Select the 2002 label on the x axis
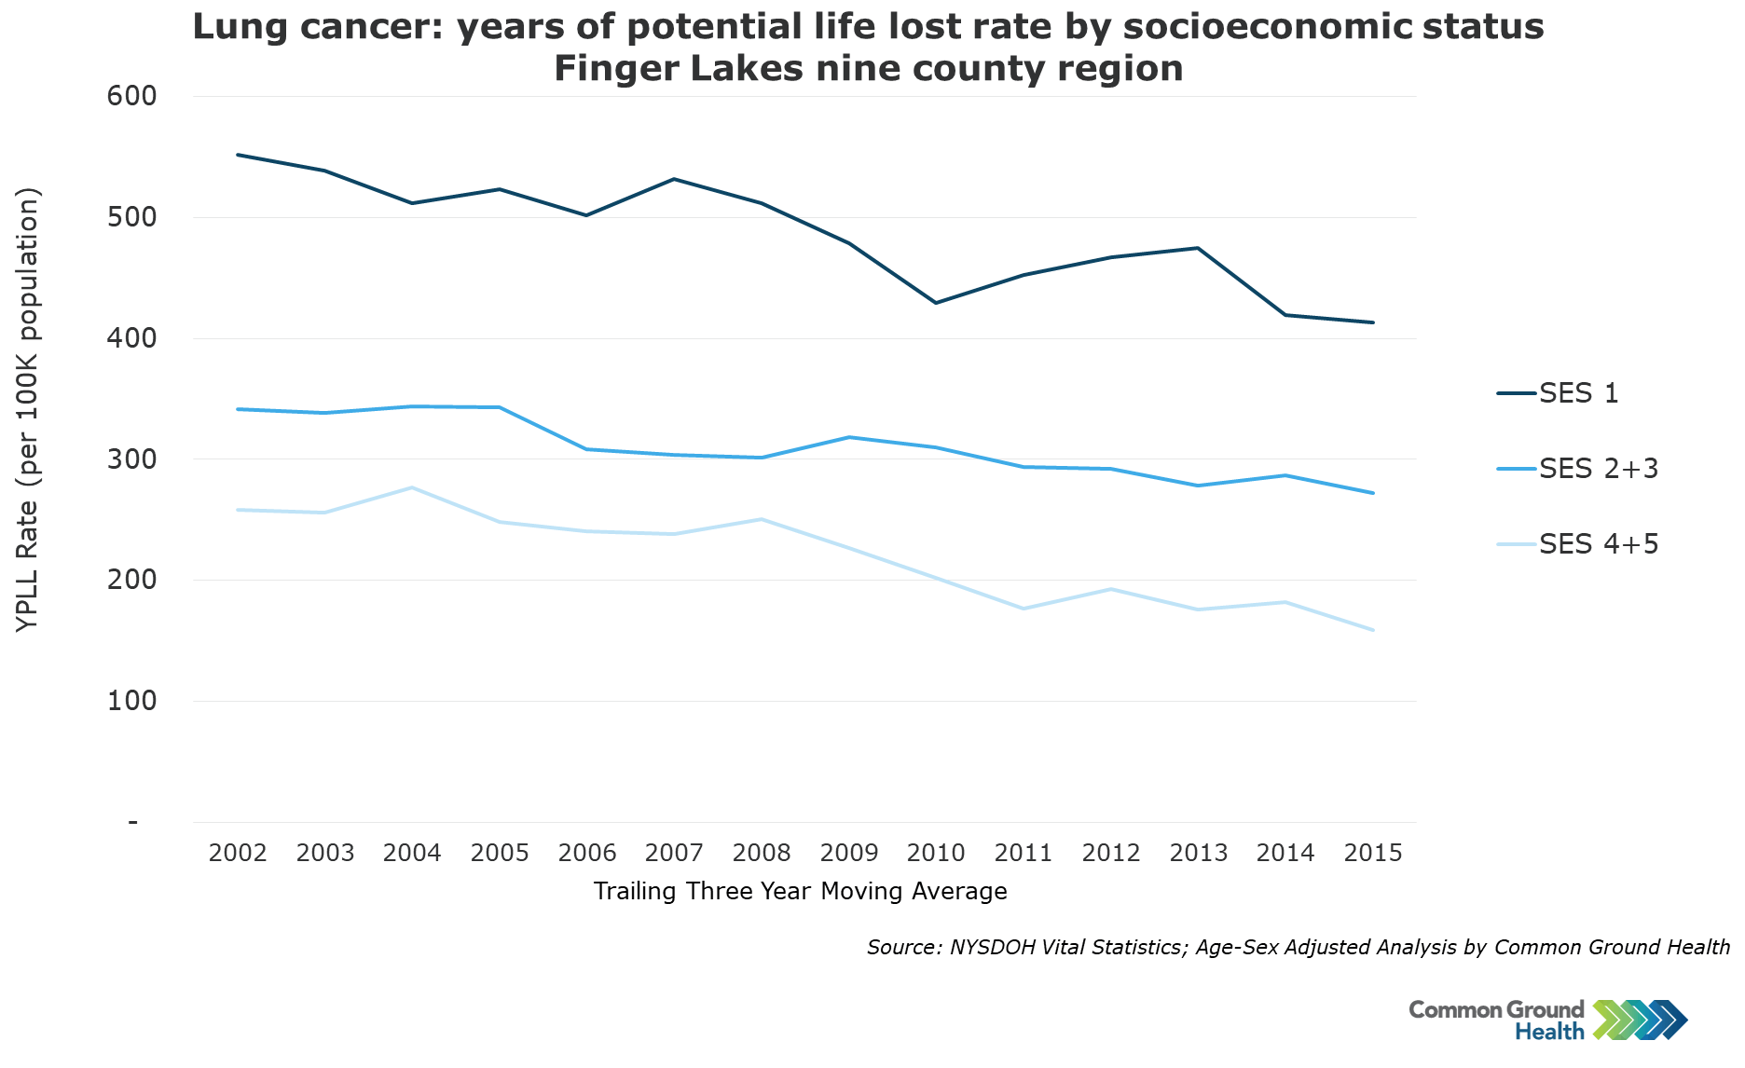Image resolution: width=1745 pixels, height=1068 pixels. pyautogui.click(x=238, y=853)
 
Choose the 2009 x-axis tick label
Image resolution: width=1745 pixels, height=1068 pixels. pyautogui.click(x=849, y=853)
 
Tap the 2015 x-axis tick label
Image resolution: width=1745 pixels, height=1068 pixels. pyautogui.click(x=1373, y=853)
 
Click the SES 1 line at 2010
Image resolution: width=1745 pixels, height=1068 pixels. pyautogui.click(x=936, y=303)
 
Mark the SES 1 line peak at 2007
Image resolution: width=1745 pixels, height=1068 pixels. pyautogui.click(x=674, y=179)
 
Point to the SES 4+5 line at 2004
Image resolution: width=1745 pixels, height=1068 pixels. pyautogui.click(x=412, y=487)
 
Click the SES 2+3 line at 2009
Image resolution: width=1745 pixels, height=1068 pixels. pyautogui.click(x=849, y=437)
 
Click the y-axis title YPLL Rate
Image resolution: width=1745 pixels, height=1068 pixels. pyautogui.click(x=28, y=410)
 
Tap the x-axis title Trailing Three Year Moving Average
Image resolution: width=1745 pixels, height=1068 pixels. pyautogui.click(x=800, y=892)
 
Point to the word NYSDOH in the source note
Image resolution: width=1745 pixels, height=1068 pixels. pyautogui.click(x=989, y=948)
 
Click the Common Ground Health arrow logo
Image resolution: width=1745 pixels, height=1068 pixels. pyautogui.click(x=1640, y=1020)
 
